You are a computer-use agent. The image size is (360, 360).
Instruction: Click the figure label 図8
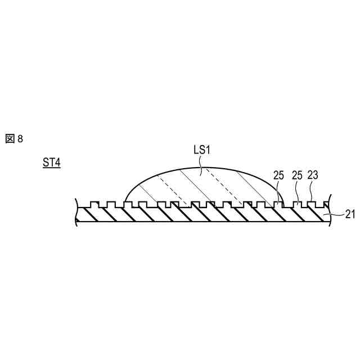[14, 138]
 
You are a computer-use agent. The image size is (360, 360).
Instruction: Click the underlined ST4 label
[52, 163]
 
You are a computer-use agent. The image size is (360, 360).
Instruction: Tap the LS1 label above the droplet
[201, 151]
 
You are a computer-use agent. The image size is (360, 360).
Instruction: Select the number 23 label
[313, 175]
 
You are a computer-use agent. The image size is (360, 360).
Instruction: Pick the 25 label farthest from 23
[279, 175]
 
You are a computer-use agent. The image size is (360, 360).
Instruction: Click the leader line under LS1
[200, 162]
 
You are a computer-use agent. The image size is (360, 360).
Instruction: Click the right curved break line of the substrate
[328, 213]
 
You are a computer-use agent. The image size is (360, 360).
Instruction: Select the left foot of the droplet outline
[124, 201]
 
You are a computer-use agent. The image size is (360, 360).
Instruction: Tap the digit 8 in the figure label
[20, 139]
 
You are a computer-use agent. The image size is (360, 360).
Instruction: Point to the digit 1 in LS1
[208, 151]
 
